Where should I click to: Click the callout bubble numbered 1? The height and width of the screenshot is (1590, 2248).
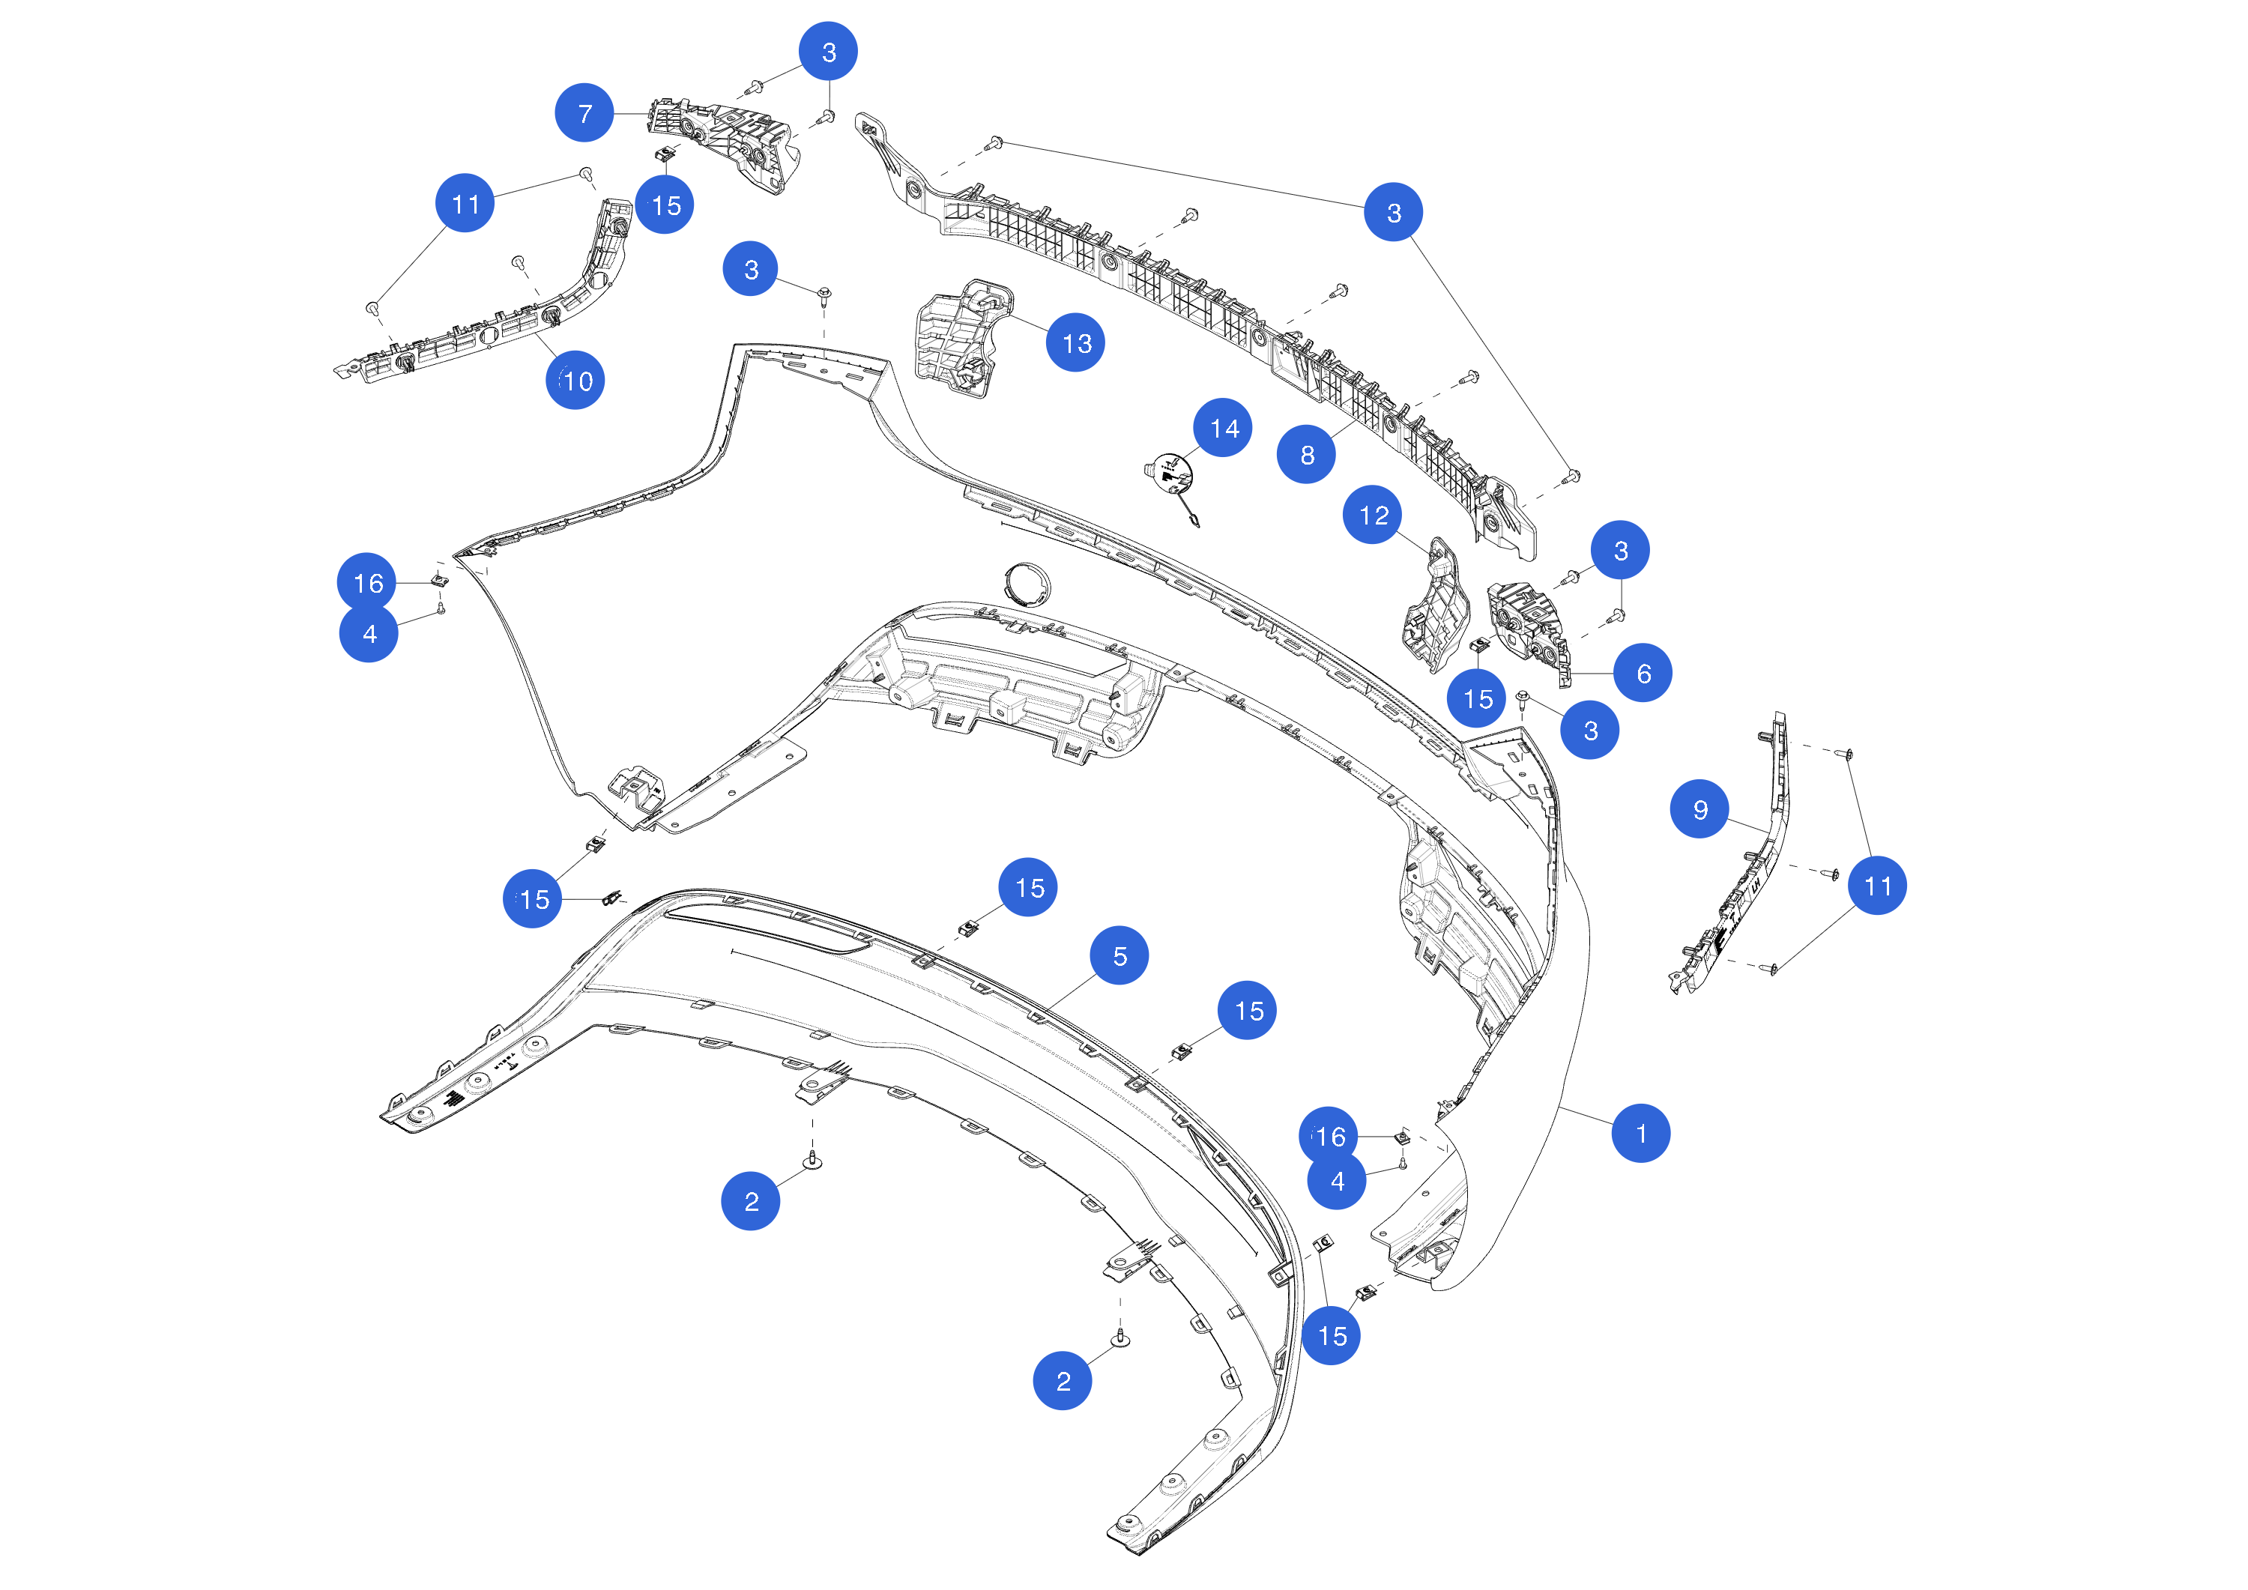tap(1640, 1133)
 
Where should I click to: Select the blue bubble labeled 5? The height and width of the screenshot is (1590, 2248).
tap(1119, 955)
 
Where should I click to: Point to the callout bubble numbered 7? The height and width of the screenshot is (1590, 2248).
tap(584, 112)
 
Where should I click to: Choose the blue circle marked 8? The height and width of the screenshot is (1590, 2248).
tap(1306, 454)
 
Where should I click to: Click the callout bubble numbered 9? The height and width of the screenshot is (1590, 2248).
tap(1699, 808)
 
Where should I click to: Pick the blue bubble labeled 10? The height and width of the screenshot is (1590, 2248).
tap(575, 380)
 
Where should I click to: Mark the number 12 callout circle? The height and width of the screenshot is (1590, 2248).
tap(1373, 515)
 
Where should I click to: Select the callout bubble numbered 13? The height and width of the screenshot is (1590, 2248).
tap(1076, 342)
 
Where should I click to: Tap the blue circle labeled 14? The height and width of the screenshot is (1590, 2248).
tap(1223, 428)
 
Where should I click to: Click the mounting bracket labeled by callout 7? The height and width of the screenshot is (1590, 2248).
tap(725, 145)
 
